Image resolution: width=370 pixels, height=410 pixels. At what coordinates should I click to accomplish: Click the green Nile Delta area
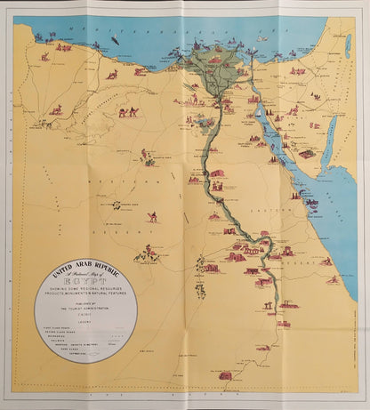[213, 67]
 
